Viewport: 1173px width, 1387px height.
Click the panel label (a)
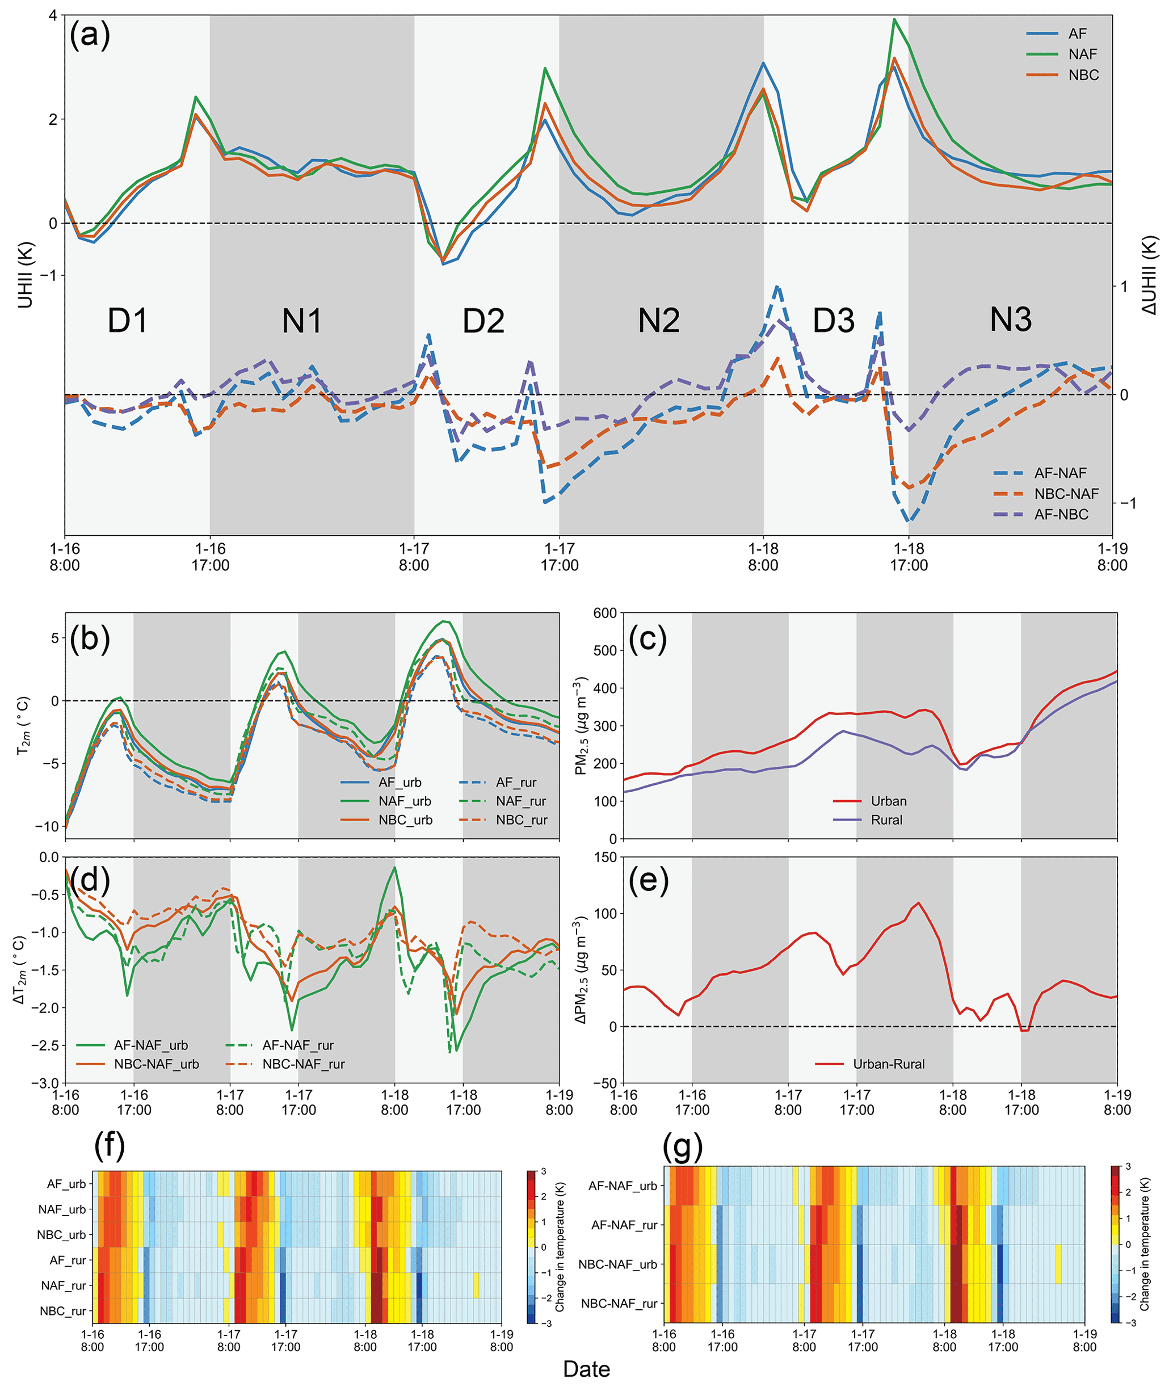click(x=90, y=35)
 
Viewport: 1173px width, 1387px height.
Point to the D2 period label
click(x=484, y=321)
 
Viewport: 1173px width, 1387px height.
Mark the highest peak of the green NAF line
click(x=894, y=19)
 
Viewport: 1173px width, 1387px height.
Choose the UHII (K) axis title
click(x=26, y=274)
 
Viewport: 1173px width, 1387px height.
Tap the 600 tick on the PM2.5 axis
click(x=604, y=613)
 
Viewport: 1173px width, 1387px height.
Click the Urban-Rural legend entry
click(x=888, y=1064)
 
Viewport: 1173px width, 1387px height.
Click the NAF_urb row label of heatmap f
click(x=62, y=1209)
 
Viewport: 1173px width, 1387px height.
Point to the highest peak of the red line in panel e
click(x=918, y=903)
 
